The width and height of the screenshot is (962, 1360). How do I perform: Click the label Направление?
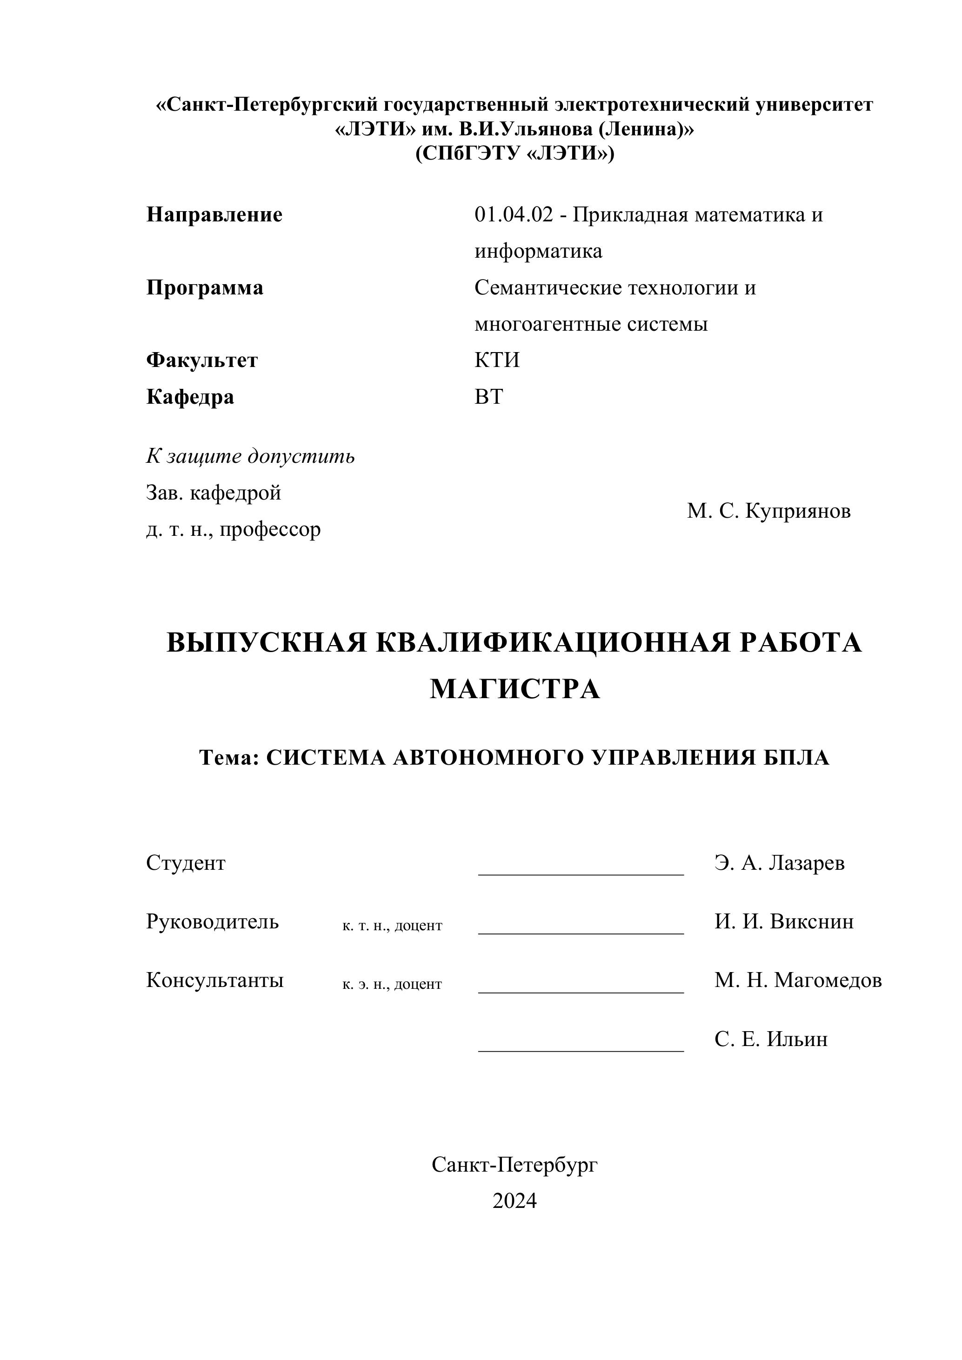point(214,214)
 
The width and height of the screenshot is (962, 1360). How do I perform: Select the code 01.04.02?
point(513,214)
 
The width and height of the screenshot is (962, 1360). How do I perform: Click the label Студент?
point(186,863)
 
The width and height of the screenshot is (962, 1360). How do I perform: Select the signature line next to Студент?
point(581,873)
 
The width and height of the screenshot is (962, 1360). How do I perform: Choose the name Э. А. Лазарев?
point(779,863)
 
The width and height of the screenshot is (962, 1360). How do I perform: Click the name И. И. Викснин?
point(784,922)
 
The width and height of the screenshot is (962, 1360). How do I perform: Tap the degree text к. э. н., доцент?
point(392,985)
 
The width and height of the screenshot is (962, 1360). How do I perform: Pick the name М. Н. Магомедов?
point(797,980)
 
